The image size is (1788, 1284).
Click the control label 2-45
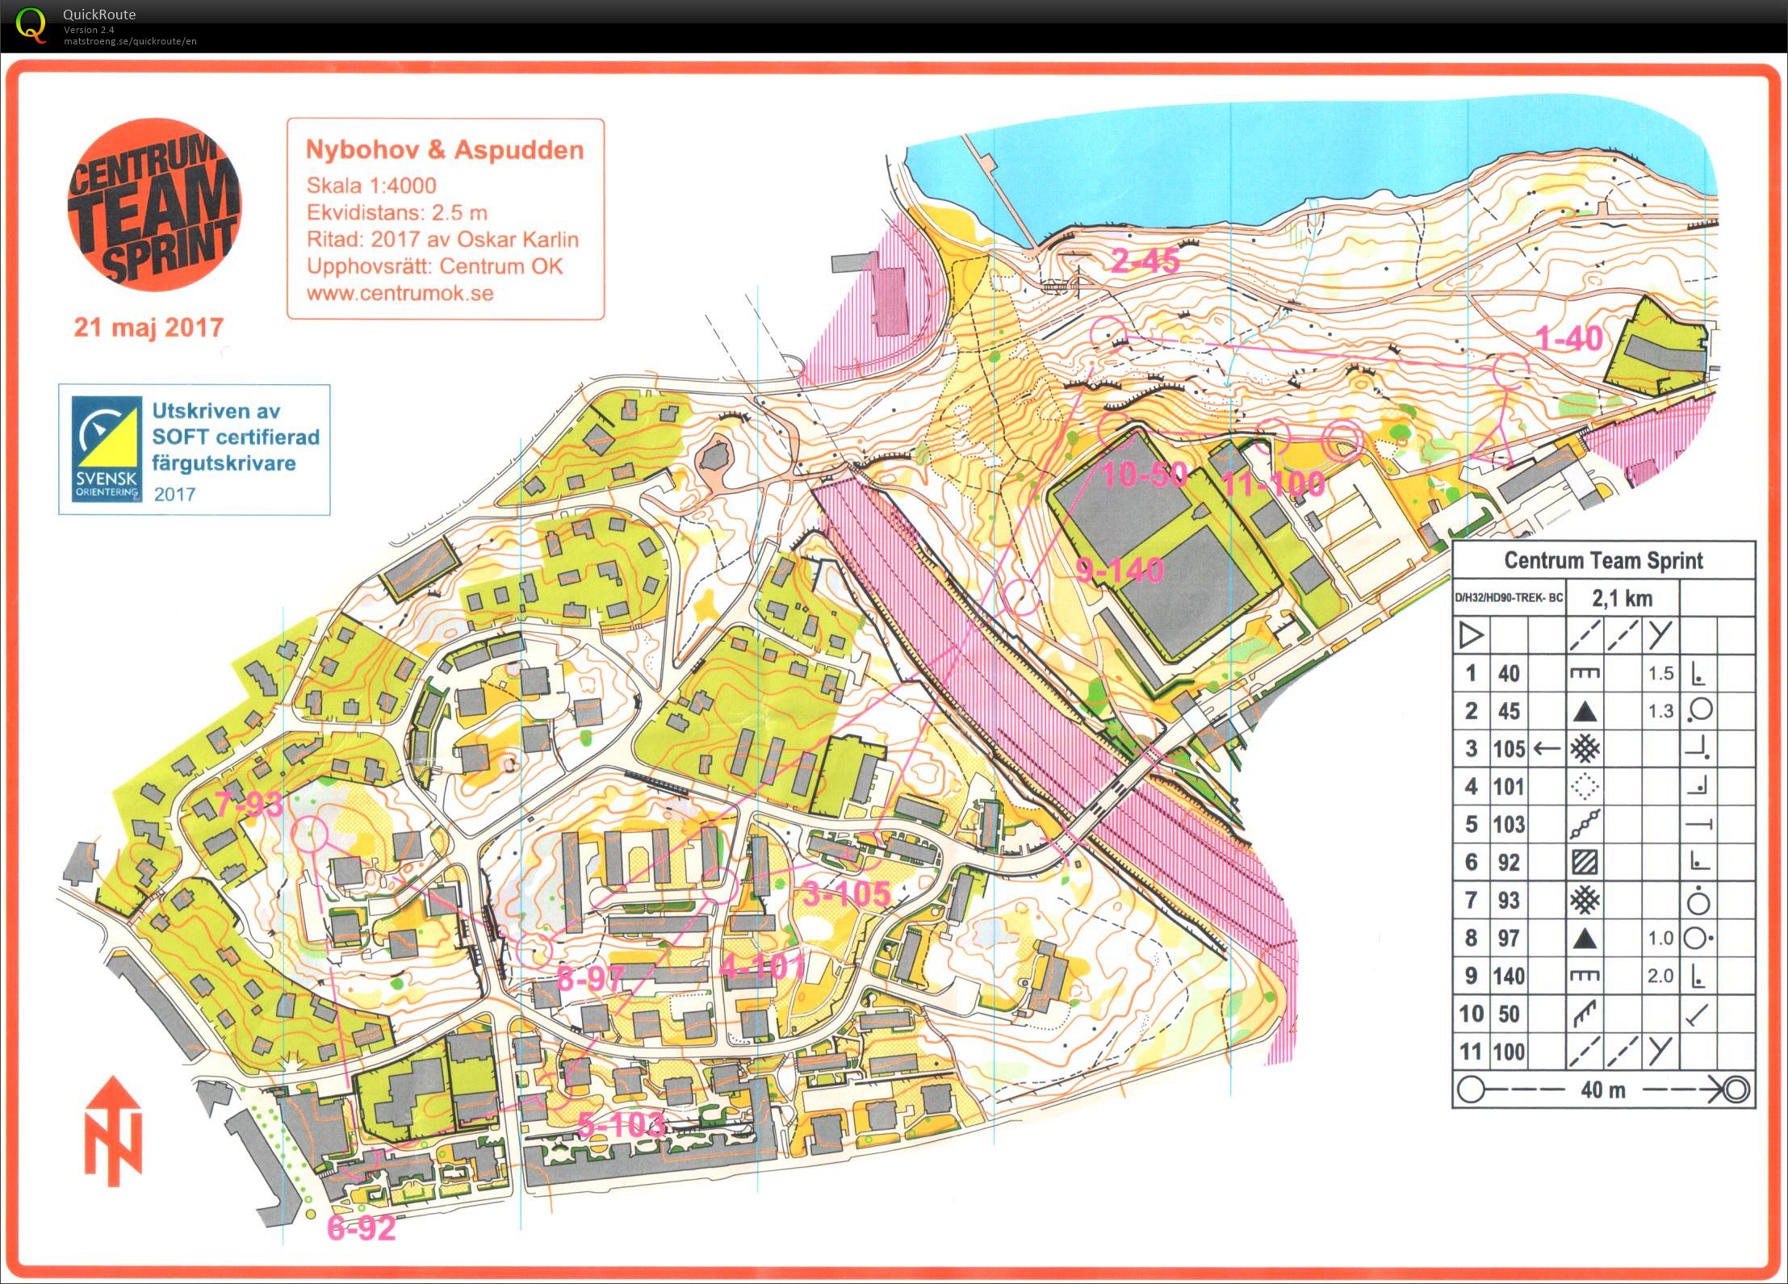pyautogui.click(x=1145, y=261)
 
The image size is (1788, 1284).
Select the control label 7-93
pyautogui.click(x=249, y=804)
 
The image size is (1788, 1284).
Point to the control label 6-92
pyautogui.click(x=361, y=1228)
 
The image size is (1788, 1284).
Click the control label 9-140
pyautogui.click(x=1120, y=571)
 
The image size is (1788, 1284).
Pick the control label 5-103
pyautogui.click(x=622, y=1124)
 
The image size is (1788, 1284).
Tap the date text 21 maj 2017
pyautogui.click(x=149, y=328)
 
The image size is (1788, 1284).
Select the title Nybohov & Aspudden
pyautogui.click(x=444, y=150)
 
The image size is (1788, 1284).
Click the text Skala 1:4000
pyautogui.click(x=371, y=186)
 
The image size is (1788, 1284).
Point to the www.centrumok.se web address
pyautogui.click(x=400, y=293)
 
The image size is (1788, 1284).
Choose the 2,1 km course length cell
pyautogui.click(x=1622, y=598)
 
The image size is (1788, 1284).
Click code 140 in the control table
pyautogui.click(x=1508, y=976)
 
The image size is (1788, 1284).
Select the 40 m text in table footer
pyautogui.click(x=1603, y=1090)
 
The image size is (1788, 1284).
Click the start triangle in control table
pyautogui.click(x=1471, y=636)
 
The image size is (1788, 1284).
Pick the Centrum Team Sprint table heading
pyautogui.click(x=1603, y=560)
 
